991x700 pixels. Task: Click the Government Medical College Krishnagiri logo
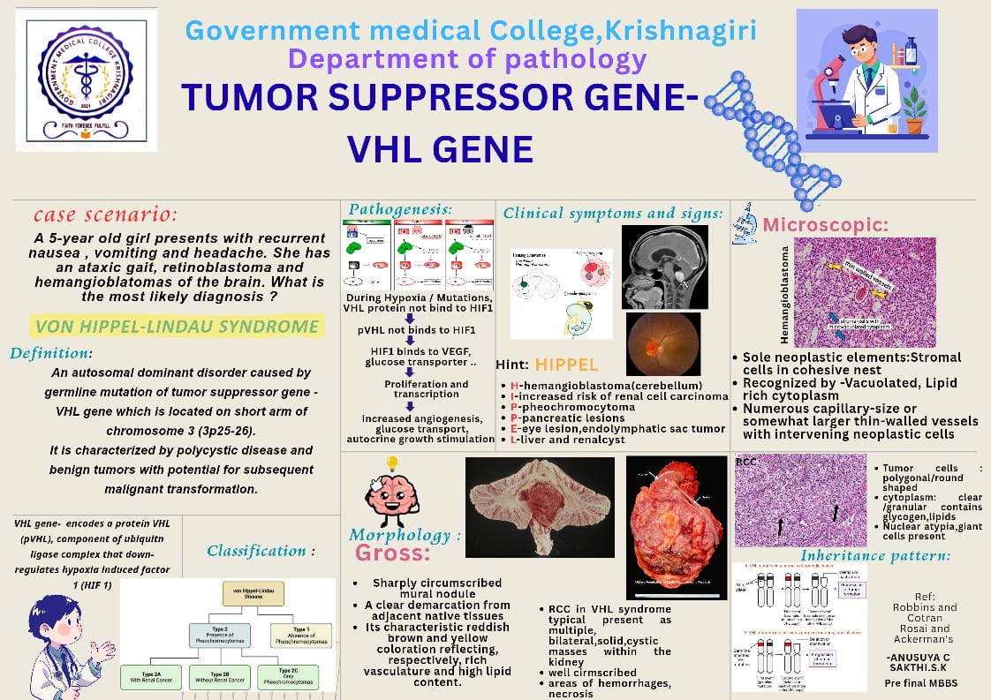click(x=80, y=79)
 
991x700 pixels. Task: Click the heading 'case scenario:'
click(x=105, y=215)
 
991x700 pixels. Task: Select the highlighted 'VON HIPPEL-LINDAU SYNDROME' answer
click(x=177, y=327)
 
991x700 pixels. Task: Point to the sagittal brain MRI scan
click(x=664, y=267)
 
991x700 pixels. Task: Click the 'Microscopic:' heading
click(x=825, y=225)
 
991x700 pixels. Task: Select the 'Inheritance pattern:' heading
click(x=874, y=555)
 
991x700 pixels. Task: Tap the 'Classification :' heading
click(x=261, y=551)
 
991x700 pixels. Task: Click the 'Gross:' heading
click(x=392, y=553)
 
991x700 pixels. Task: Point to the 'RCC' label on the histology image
click(x=746, y=462)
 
